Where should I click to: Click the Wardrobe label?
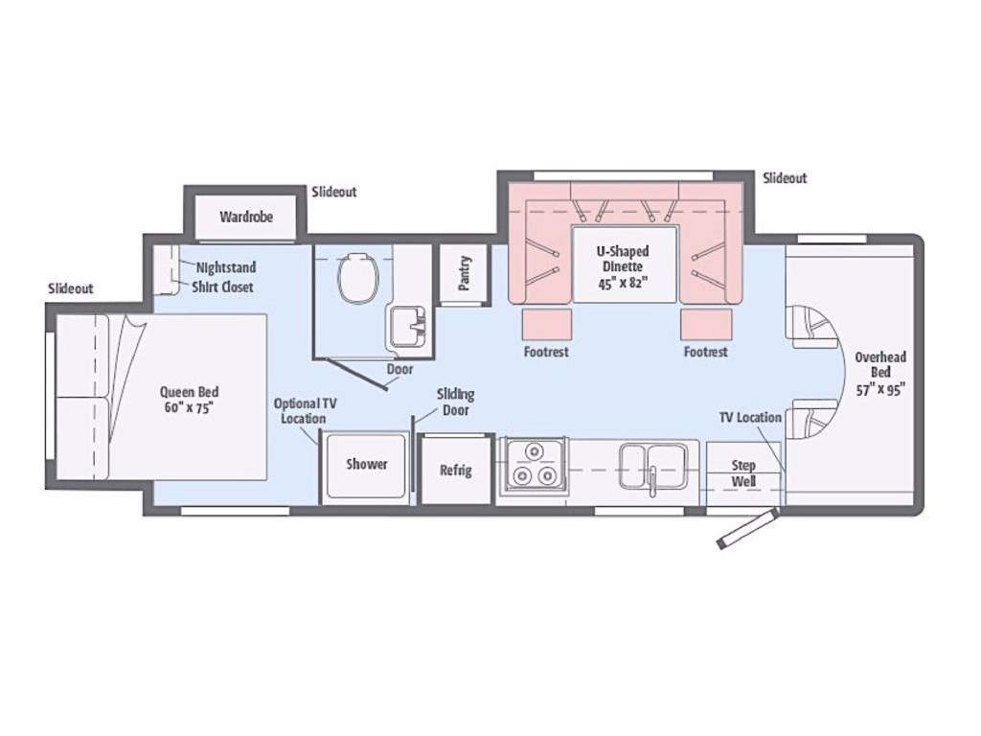[246, 217]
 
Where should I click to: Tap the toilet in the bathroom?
[358, 279]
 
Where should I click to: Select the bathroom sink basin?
[408, 325]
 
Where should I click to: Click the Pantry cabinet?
[464, 273]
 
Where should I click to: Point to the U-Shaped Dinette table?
[625, 264]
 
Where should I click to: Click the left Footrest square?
[547, 324]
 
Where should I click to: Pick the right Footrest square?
[706, 324]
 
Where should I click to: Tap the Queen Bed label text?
[189, 400]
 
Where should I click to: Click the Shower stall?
[366, 467]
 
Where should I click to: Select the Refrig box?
[455, 470]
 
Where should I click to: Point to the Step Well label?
[743, 473]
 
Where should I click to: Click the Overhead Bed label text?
[881, 373]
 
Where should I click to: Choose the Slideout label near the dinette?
[785, 177]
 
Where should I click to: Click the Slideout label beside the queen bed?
[71, 288]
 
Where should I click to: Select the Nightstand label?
[226, 267]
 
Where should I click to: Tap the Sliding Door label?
[455, 402]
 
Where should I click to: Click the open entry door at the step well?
[747, 529]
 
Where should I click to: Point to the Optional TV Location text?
[305, 410]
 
